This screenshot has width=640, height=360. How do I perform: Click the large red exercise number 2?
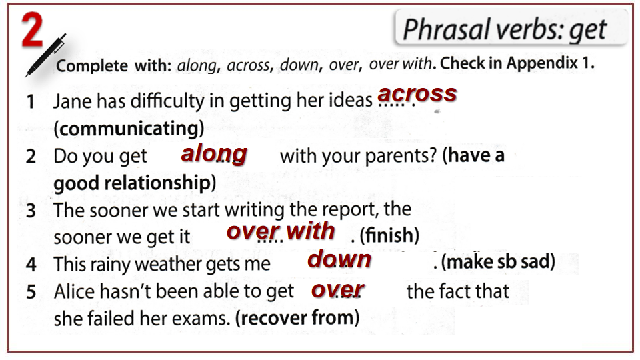pyautogui.click(x=32, y=29)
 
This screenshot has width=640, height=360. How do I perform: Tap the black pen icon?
pyautogui.click(x=45, y=55)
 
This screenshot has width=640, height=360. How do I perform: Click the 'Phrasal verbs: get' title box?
pyautogui.click(x=511, y=28)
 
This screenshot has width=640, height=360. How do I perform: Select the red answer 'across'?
pyautogui.click(x=417, y=93)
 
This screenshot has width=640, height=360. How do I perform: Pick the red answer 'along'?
pyautogui.click(x=214, y=154)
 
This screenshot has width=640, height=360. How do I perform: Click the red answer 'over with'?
pyautogui.click(x=281, y=231)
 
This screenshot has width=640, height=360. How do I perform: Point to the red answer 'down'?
pyautogui.click(x=339, y=259)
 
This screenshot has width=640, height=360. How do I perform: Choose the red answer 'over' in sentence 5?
pyautogui.click(x=337, y=290)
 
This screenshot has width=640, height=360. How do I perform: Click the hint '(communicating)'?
pyautogui.click(x=129, y=129)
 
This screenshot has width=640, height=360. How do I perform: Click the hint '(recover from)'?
pyautogui.click(x=297, y=318)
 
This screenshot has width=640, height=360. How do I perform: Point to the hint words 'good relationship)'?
pyautogui.click(x=135, y=183)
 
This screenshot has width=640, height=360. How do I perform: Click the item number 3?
pyautogui.click(x=31, y=211)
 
